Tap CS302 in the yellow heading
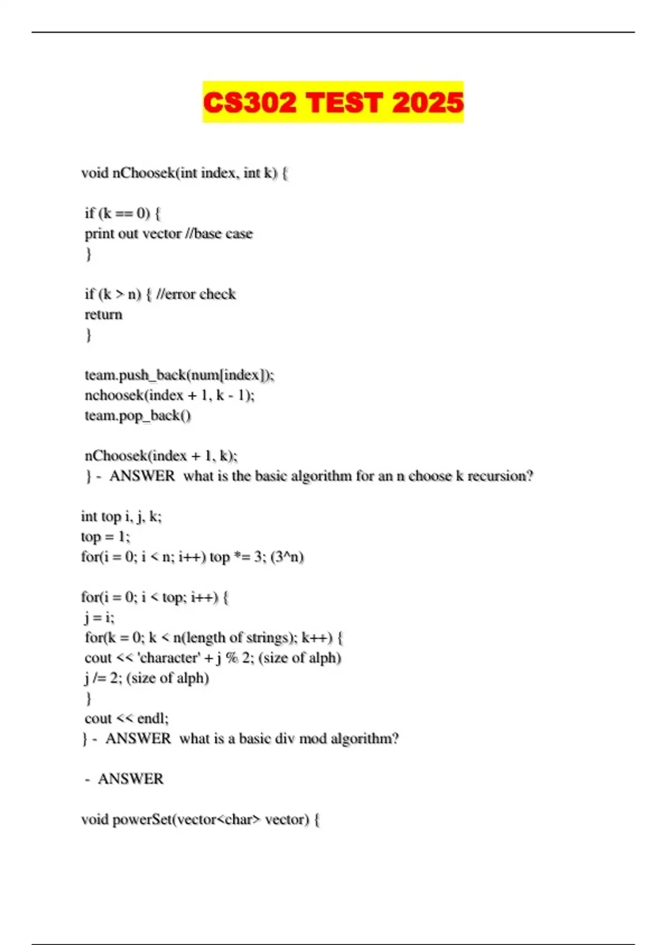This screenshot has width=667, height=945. coord(250,103)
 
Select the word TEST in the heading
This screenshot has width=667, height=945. coord(344,103)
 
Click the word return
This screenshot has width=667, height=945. coord(103,315)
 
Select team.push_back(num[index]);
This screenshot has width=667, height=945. coord(180,375)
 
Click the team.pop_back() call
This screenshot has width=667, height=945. coord(138,416)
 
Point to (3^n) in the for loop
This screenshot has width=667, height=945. coord(287,557)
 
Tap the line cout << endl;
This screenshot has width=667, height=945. coord(127,719)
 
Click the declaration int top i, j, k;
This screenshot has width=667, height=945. coord(121,517)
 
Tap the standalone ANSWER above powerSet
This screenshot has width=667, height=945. coord(131,779)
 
